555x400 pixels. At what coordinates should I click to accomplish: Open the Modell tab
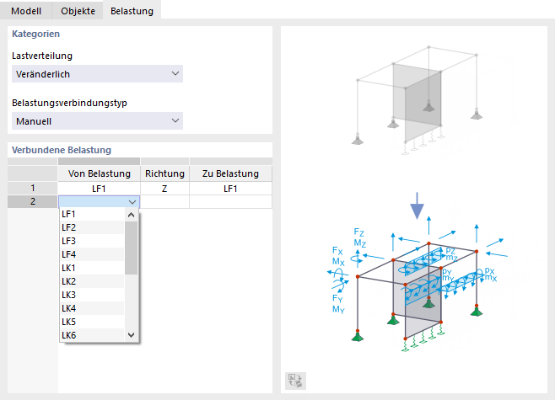[26, 11]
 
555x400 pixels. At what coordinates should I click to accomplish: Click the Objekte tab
[78, 11]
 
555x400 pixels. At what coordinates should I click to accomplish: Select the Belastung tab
[132, 11]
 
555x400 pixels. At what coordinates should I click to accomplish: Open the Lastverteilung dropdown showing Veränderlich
[97, 74]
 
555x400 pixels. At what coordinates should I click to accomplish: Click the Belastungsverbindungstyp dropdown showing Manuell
[97, 121]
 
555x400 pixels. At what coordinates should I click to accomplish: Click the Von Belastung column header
[100, 173]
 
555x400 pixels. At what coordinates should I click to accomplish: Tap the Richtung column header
[165, 173]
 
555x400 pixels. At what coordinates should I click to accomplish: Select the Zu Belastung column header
[231, 173]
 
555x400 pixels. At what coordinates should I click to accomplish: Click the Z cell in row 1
[164, 189]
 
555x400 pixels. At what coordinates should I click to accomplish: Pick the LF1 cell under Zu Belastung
[230, 189]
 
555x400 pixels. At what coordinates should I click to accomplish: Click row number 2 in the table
[33, 201]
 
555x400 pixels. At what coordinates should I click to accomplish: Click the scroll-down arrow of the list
[132, 335]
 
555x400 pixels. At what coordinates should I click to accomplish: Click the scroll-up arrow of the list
[132, 215]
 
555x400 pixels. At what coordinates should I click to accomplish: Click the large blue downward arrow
[418, 206]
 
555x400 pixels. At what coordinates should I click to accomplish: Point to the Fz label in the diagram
[359, 232]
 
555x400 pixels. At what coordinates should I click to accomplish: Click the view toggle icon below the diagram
[295, 381]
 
